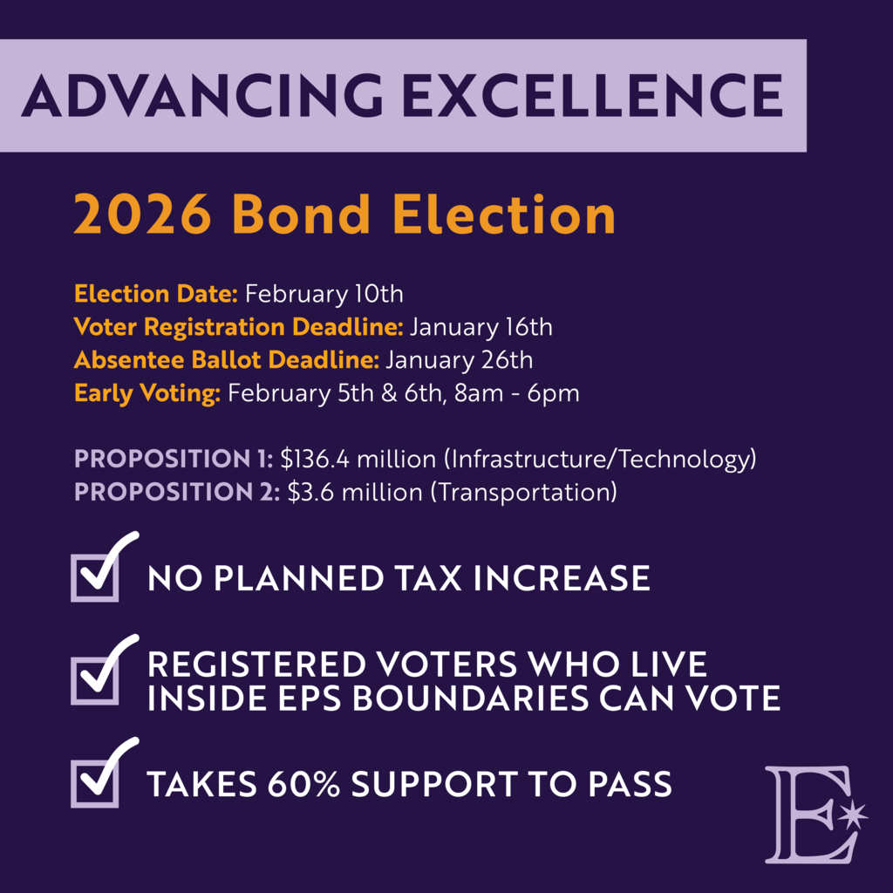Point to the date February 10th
point(324,294)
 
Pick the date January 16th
point(481,327)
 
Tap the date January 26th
point(459,359)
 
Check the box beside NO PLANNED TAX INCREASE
point(94,576)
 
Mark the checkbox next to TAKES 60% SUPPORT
point(94,782)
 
